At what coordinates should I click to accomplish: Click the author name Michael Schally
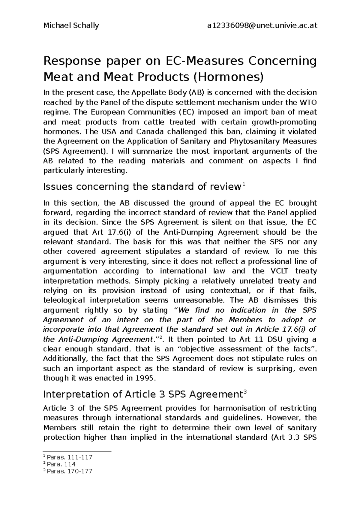(x=71, y=26)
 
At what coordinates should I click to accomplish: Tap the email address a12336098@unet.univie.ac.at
(x=262, y=26)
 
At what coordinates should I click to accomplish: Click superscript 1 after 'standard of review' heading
(x=244, y=185)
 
